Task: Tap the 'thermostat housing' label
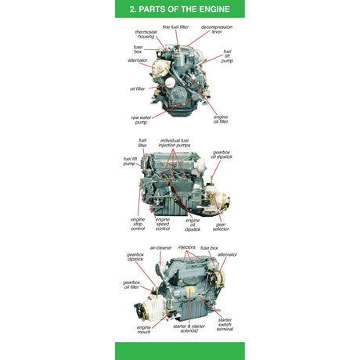(146, 34)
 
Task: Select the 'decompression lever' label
(216, 30)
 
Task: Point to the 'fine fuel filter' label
(176, 27)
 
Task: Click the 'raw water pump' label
(141, 120)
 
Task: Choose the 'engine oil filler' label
(221, 120)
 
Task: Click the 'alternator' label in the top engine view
(138, 60)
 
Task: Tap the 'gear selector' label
(221, 227)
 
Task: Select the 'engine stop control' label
(138, 225)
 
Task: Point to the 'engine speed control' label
(163, 225)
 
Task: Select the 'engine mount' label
(144, 329)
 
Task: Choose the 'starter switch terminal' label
(225, 324)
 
